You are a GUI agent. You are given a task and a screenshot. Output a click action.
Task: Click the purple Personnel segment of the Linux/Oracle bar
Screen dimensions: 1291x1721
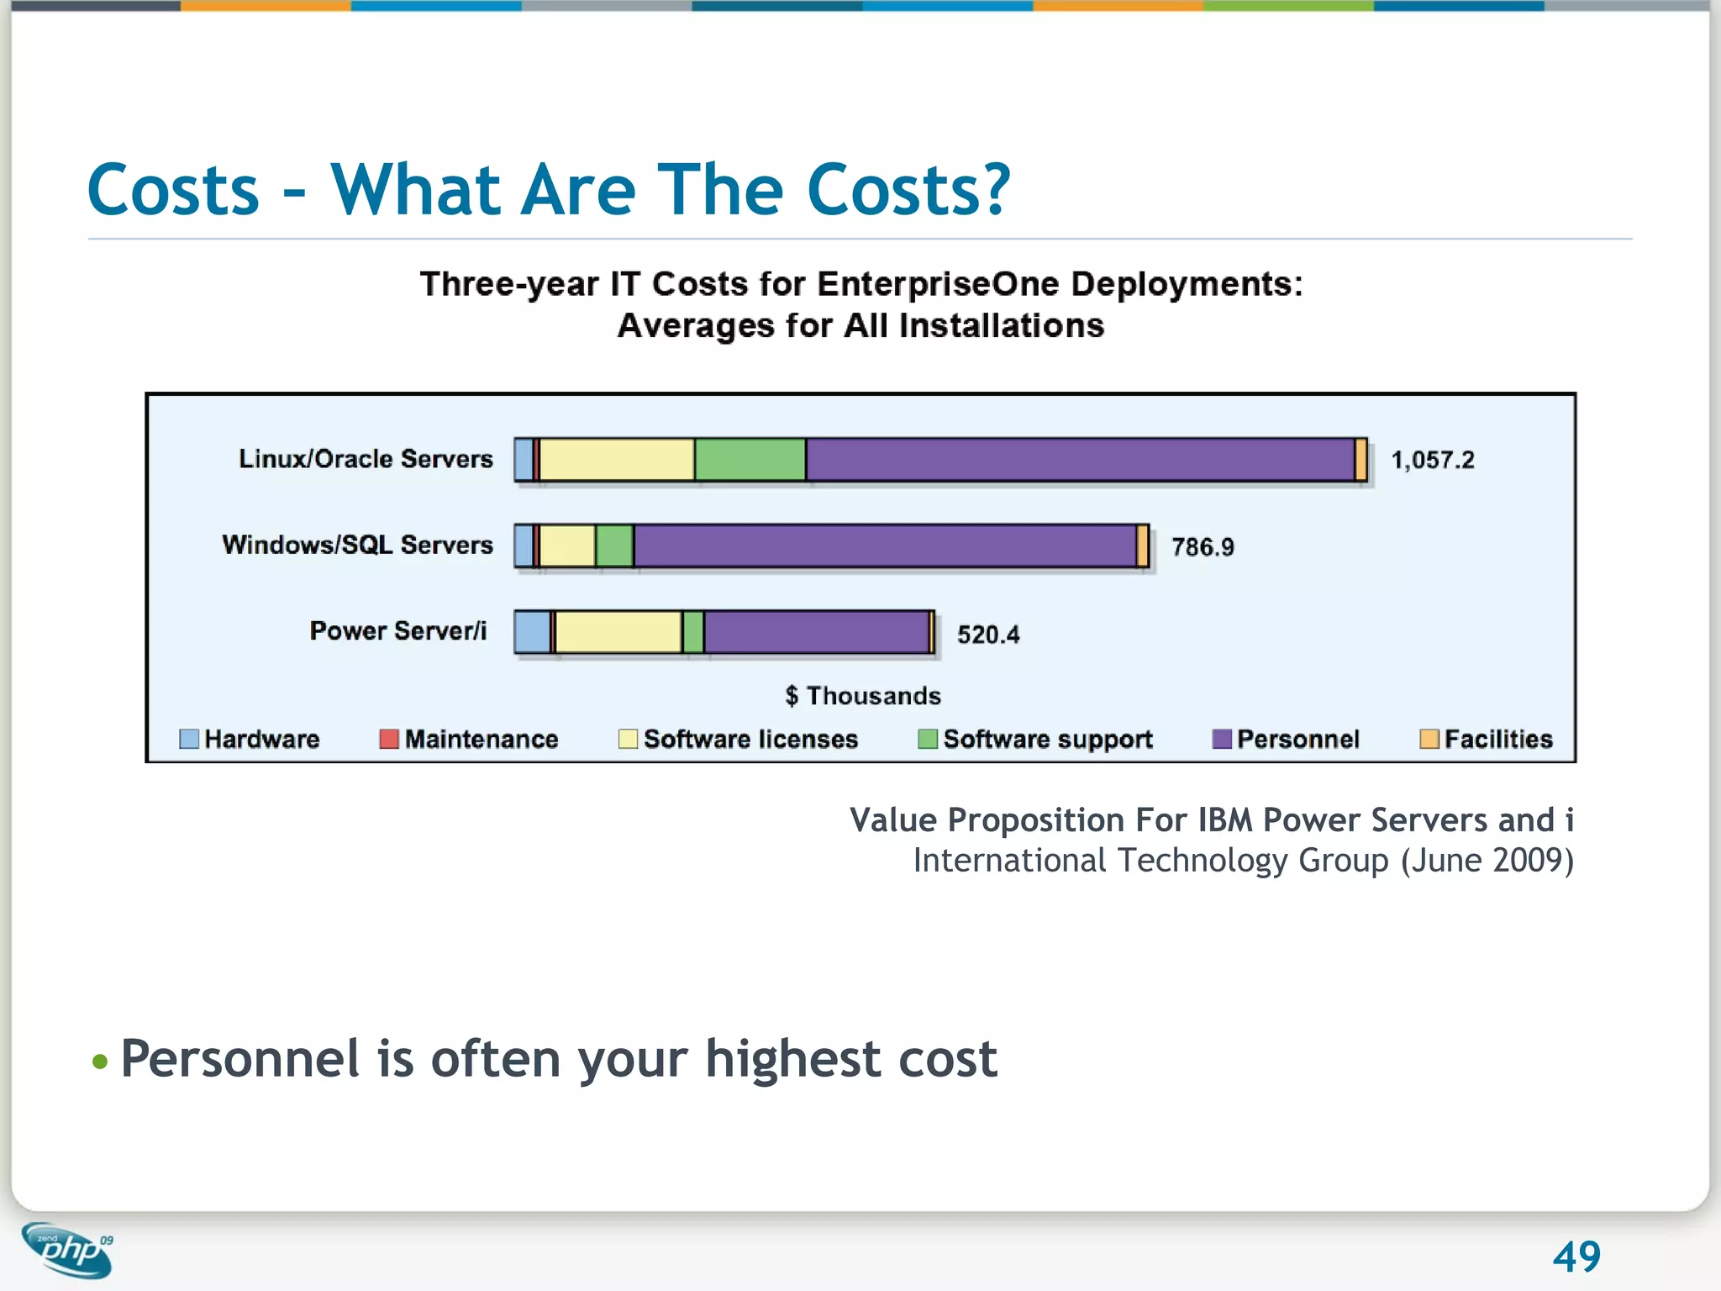point(1080,460)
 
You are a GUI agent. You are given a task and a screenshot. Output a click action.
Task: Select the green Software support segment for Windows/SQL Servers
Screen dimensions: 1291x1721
point(614,546)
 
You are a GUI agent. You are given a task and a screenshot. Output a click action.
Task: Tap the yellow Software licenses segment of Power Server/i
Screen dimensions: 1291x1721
point(618,632)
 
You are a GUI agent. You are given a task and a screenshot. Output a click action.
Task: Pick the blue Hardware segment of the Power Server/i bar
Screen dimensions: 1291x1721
point(531,632)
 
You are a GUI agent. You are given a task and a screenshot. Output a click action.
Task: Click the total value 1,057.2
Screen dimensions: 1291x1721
point(1433,460)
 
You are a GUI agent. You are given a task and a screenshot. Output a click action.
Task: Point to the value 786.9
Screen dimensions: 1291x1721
point(1203,547)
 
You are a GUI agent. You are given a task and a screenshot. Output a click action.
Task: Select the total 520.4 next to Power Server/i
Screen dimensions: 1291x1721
point(988,635)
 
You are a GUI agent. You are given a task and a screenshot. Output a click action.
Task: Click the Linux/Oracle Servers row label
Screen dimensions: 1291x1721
point(366,459)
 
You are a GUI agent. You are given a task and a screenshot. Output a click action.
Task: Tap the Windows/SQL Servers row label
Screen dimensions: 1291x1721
point(357,545)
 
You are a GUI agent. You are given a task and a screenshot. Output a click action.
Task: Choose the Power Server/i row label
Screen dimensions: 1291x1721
point(397,631)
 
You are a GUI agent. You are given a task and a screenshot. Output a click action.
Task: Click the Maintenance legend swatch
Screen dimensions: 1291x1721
point(388,739)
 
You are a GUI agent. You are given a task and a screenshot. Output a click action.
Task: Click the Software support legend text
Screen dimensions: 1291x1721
point(1047,739)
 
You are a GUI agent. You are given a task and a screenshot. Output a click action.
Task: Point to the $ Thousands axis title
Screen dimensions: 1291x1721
point(863,696)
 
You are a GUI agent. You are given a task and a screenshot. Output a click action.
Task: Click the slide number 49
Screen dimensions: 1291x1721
point(1576,1257)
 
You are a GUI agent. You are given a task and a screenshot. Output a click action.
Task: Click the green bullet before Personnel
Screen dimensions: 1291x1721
point(100,1062)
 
